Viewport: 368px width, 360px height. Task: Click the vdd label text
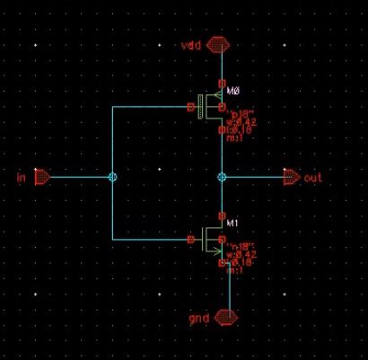[x=190, y=43]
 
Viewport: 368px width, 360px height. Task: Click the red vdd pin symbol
[x=218, y=43]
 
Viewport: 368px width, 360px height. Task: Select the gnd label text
[x=197, y=319]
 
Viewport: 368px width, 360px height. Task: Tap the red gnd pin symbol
[x=227, y=318]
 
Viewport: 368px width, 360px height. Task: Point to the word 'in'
[x=21, y=178]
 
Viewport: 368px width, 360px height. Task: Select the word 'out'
[x=312, y=178]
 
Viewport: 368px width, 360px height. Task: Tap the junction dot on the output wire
[x=222, y=178]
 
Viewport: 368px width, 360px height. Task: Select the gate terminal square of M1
[x=190, y=239]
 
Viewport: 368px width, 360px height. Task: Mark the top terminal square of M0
[x=222, y=83]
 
